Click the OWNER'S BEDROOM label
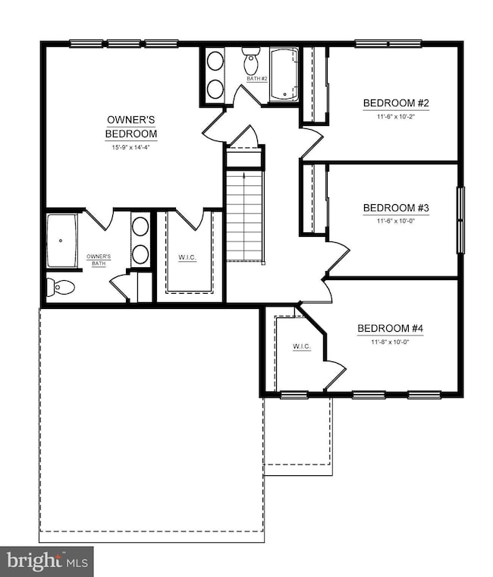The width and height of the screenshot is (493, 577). click(x=131, y=127)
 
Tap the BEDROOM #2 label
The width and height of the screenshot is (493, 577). click(x=396, y=103)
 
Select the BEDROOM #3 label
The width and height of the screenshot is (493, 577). click(x=396, y=208)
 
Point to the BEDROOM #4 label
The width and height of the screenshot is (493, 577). click(x=391, y=328)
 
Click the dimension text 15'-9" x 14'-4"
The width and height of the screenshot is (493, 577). click(x=131, y=147)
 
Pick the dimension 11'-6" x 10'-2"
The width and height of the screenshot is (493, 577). click(x=396, y=117)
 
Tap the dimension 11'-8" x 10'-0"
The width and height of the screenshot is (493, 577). click(x=390, y=342)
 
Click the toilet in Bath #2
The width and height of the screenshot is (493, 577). click(x=252, y=60)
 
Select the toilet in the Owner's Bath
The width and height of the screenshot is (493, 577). click(x=61, y=287)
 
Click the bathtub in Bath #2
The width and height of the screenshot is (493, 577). click(x=284, y=74)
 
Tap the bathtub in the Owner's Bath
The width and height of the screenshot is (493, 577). click(x=61, y=241)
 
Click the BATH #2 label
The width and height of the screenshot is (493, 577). click(x=257, y=78)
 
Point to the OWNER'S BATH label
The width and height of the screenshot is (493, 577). click(x=99, y=260)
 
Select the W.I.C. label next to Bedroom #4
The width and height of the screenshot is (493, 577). click(x=302, y=346)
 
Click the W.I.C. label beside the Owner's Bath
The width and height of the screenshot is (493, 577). click(x=187, y=257)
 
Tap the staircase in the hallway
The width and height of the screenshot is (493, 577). click(x=245, y=216)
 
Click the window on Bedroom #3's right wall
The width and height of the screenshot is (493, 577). click(x=460, y=220)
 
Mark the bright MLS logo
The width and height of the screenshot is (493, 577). click(x=47, y=562)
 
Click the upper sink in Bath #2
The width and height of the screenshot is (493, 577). click(x=215, y=61)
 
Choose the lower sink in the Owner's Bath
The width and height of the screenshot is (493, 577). click(x=140, y=254)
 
